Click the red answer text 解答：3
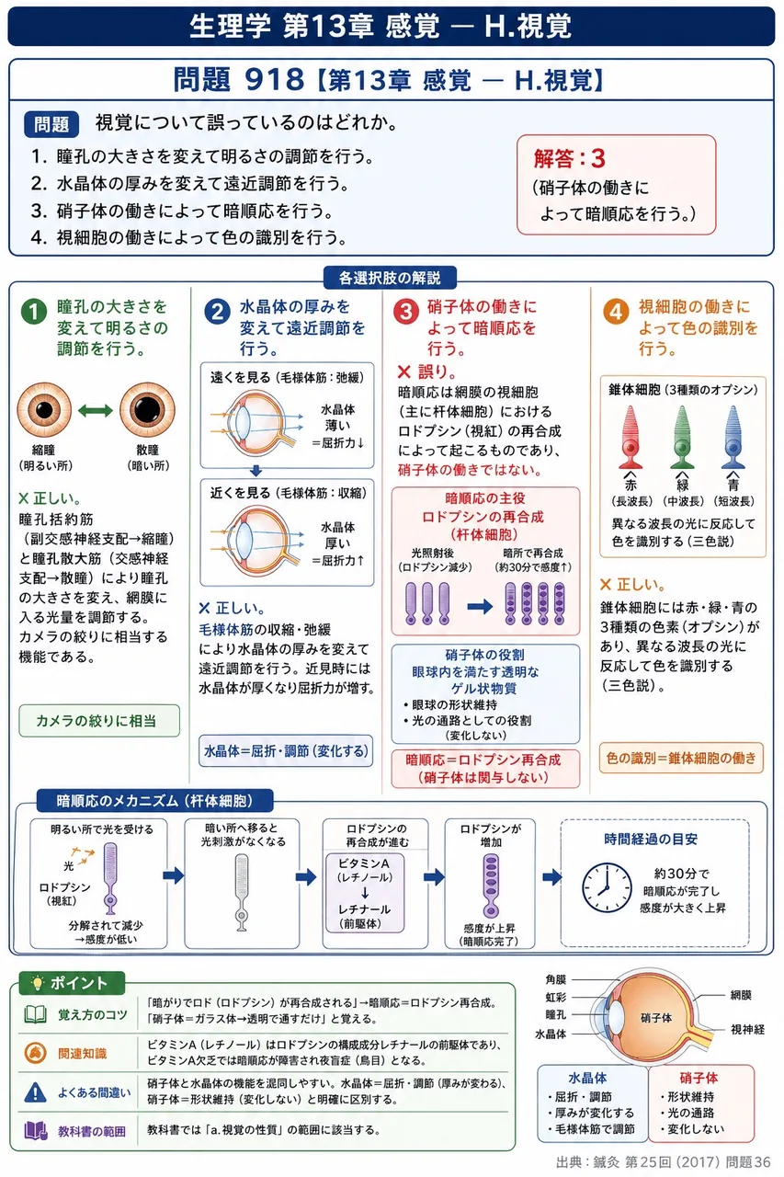[570, 159]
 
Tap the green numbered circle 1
[34, 312]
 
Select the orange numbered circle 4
[616, 312]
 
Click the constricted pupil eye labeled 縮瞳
[44, 410]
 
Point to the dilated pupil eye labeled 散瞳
[147, 410]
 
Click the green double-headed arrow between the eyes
[96, 410]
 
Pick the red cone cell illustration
[631, 437]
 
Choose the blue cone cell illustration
[733, 437]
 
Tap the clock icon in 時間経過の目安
[607, 887]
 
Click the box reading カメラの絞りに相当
[99, 720]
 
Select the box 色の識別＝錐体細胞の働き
[681, 758]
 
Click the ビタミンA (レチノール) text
[365, 870]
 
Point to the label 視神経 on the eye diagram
[748, 1029]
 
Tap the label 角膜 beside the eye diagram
[555, 979]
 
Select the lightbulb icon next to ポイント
[37, 983]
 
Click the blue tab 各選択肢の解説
[390, 278]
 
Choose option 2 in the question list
[189, 183]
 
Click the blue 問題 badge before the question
[51, 124]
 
